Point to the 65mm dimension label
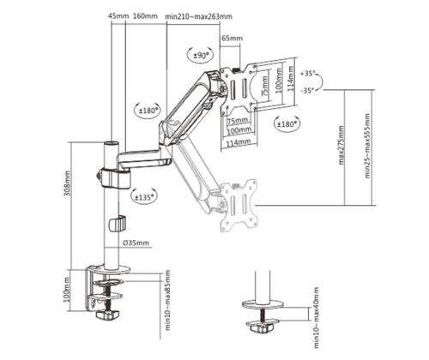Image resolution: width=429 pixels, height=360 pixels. (232, 39)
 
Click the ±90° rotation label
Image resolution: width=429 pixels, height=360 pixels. (202, 56)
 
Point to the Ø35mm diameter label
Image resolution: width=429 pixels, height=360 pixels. (136, 243)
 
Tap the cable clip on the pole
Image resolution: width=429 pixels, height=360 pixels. (111, 225)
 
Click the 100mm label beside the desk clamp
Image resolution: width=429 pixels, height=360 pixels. (69, 296)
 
